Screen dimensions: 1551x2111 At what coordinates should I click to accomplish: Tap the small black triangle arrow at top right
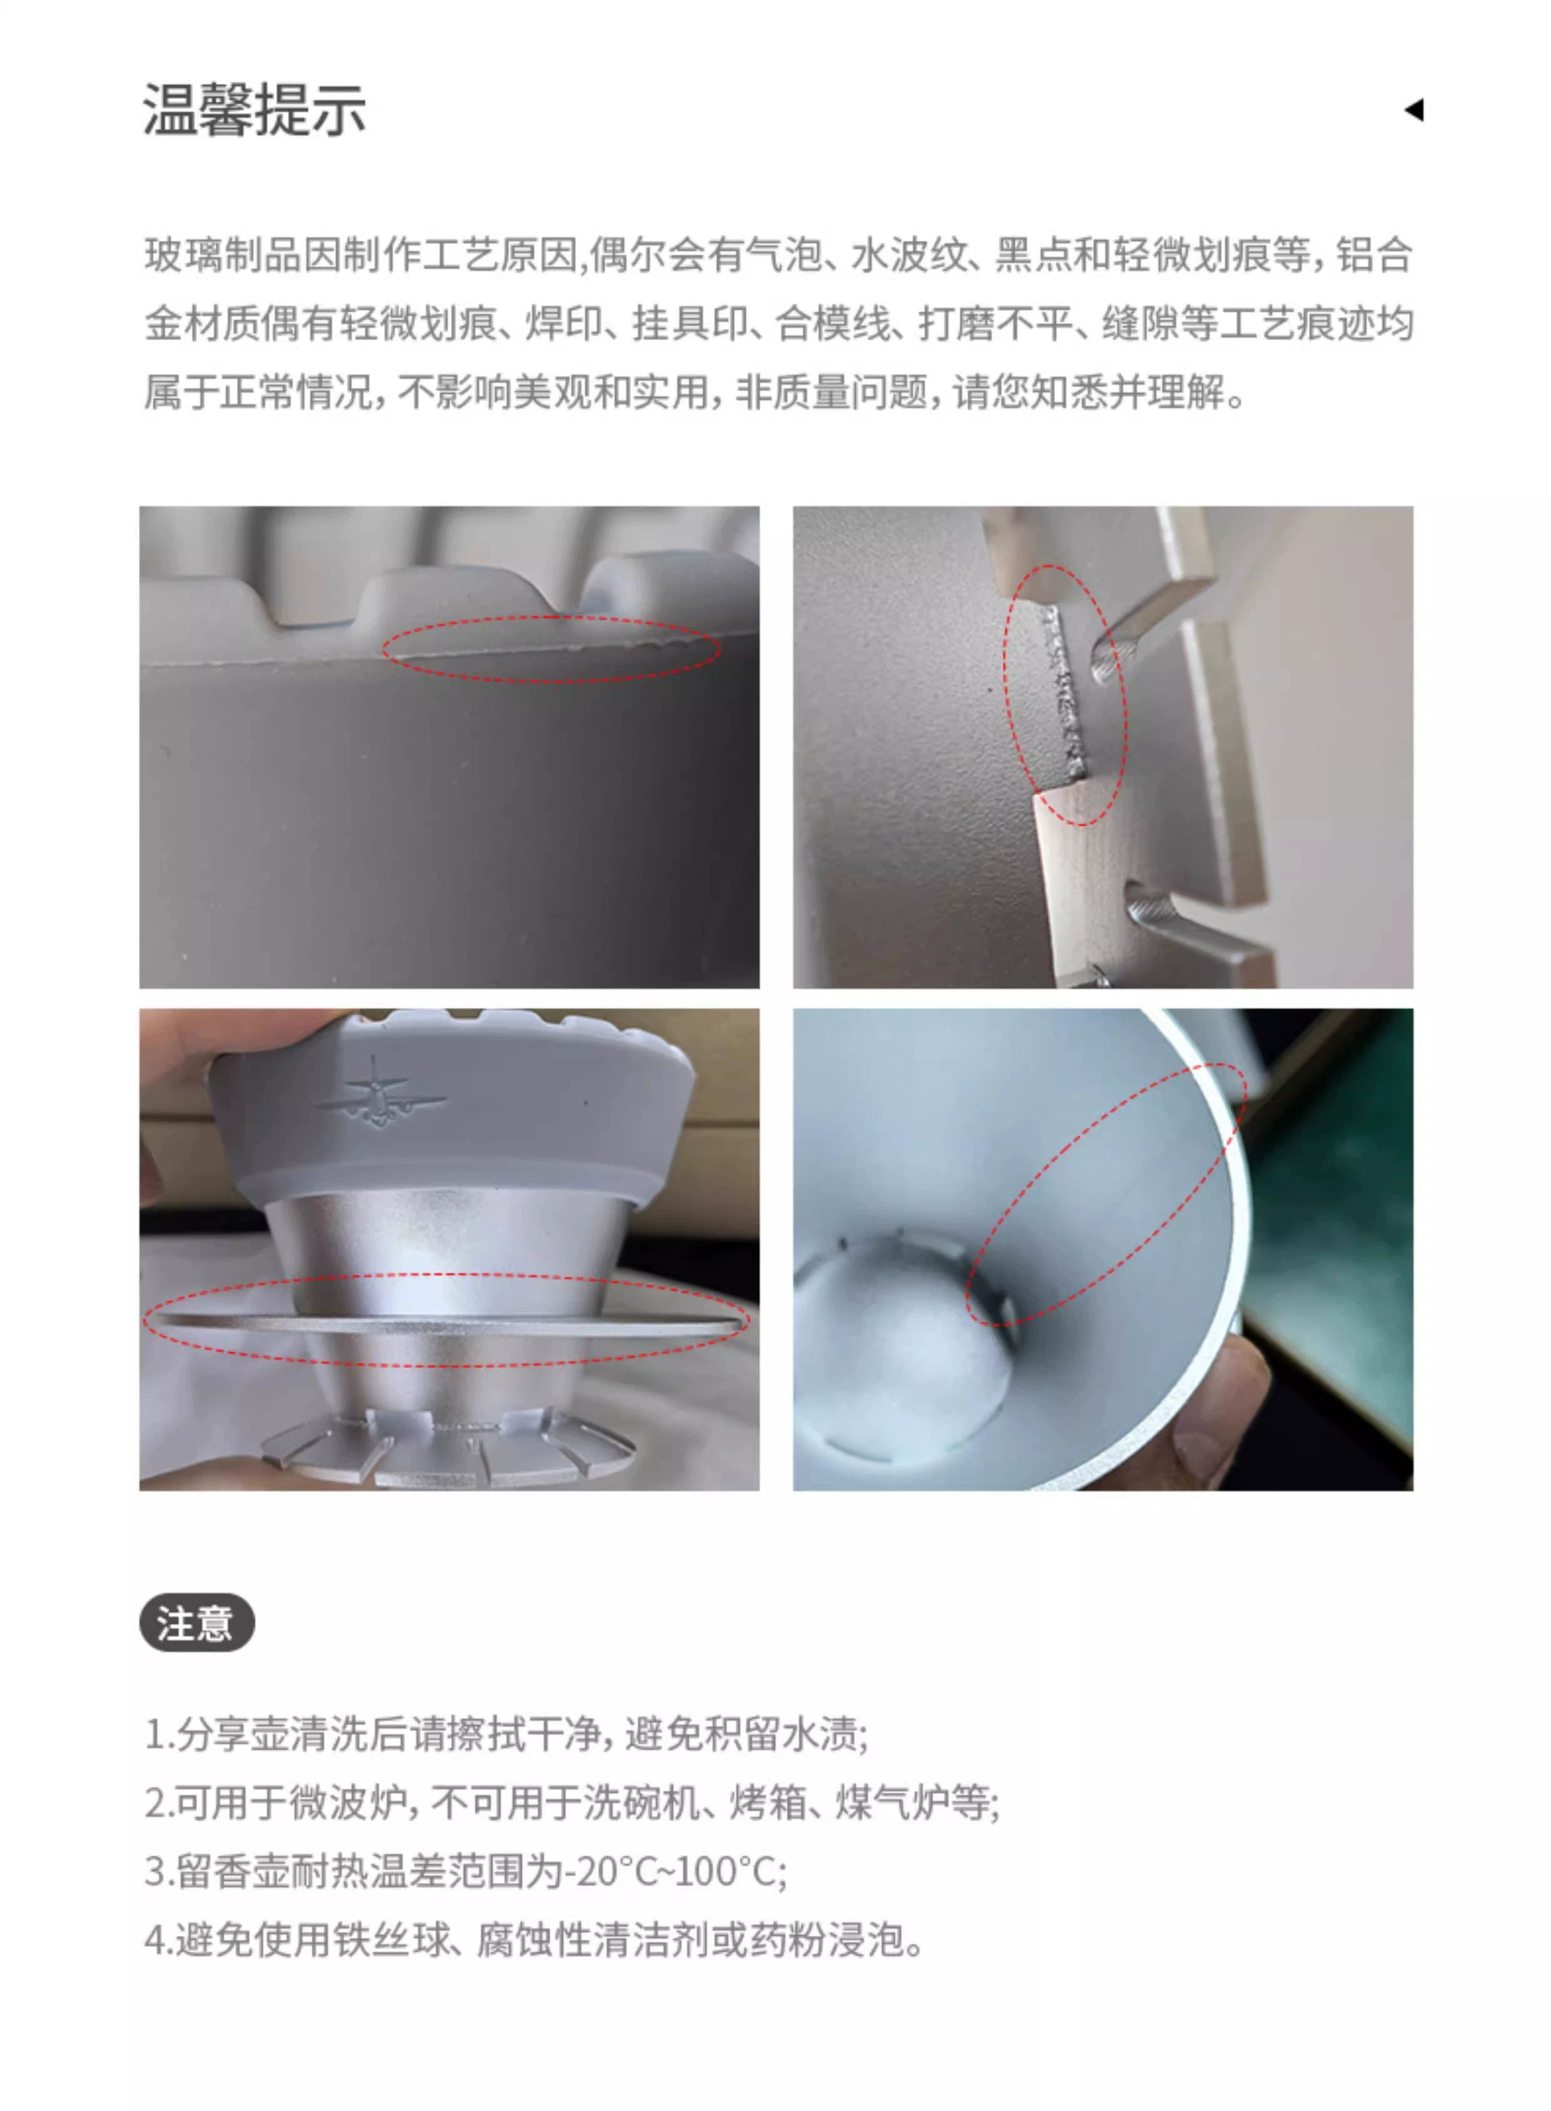pyautogui.click(x=1414, y=110)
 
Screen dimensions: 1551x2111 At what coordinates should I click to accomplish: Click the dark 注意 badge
pyautogui.click(x=197, y=1622)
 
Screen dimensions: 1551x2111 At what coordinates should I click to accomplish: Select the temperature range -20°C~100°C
pyautogui.click(x=670, y=1872)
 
